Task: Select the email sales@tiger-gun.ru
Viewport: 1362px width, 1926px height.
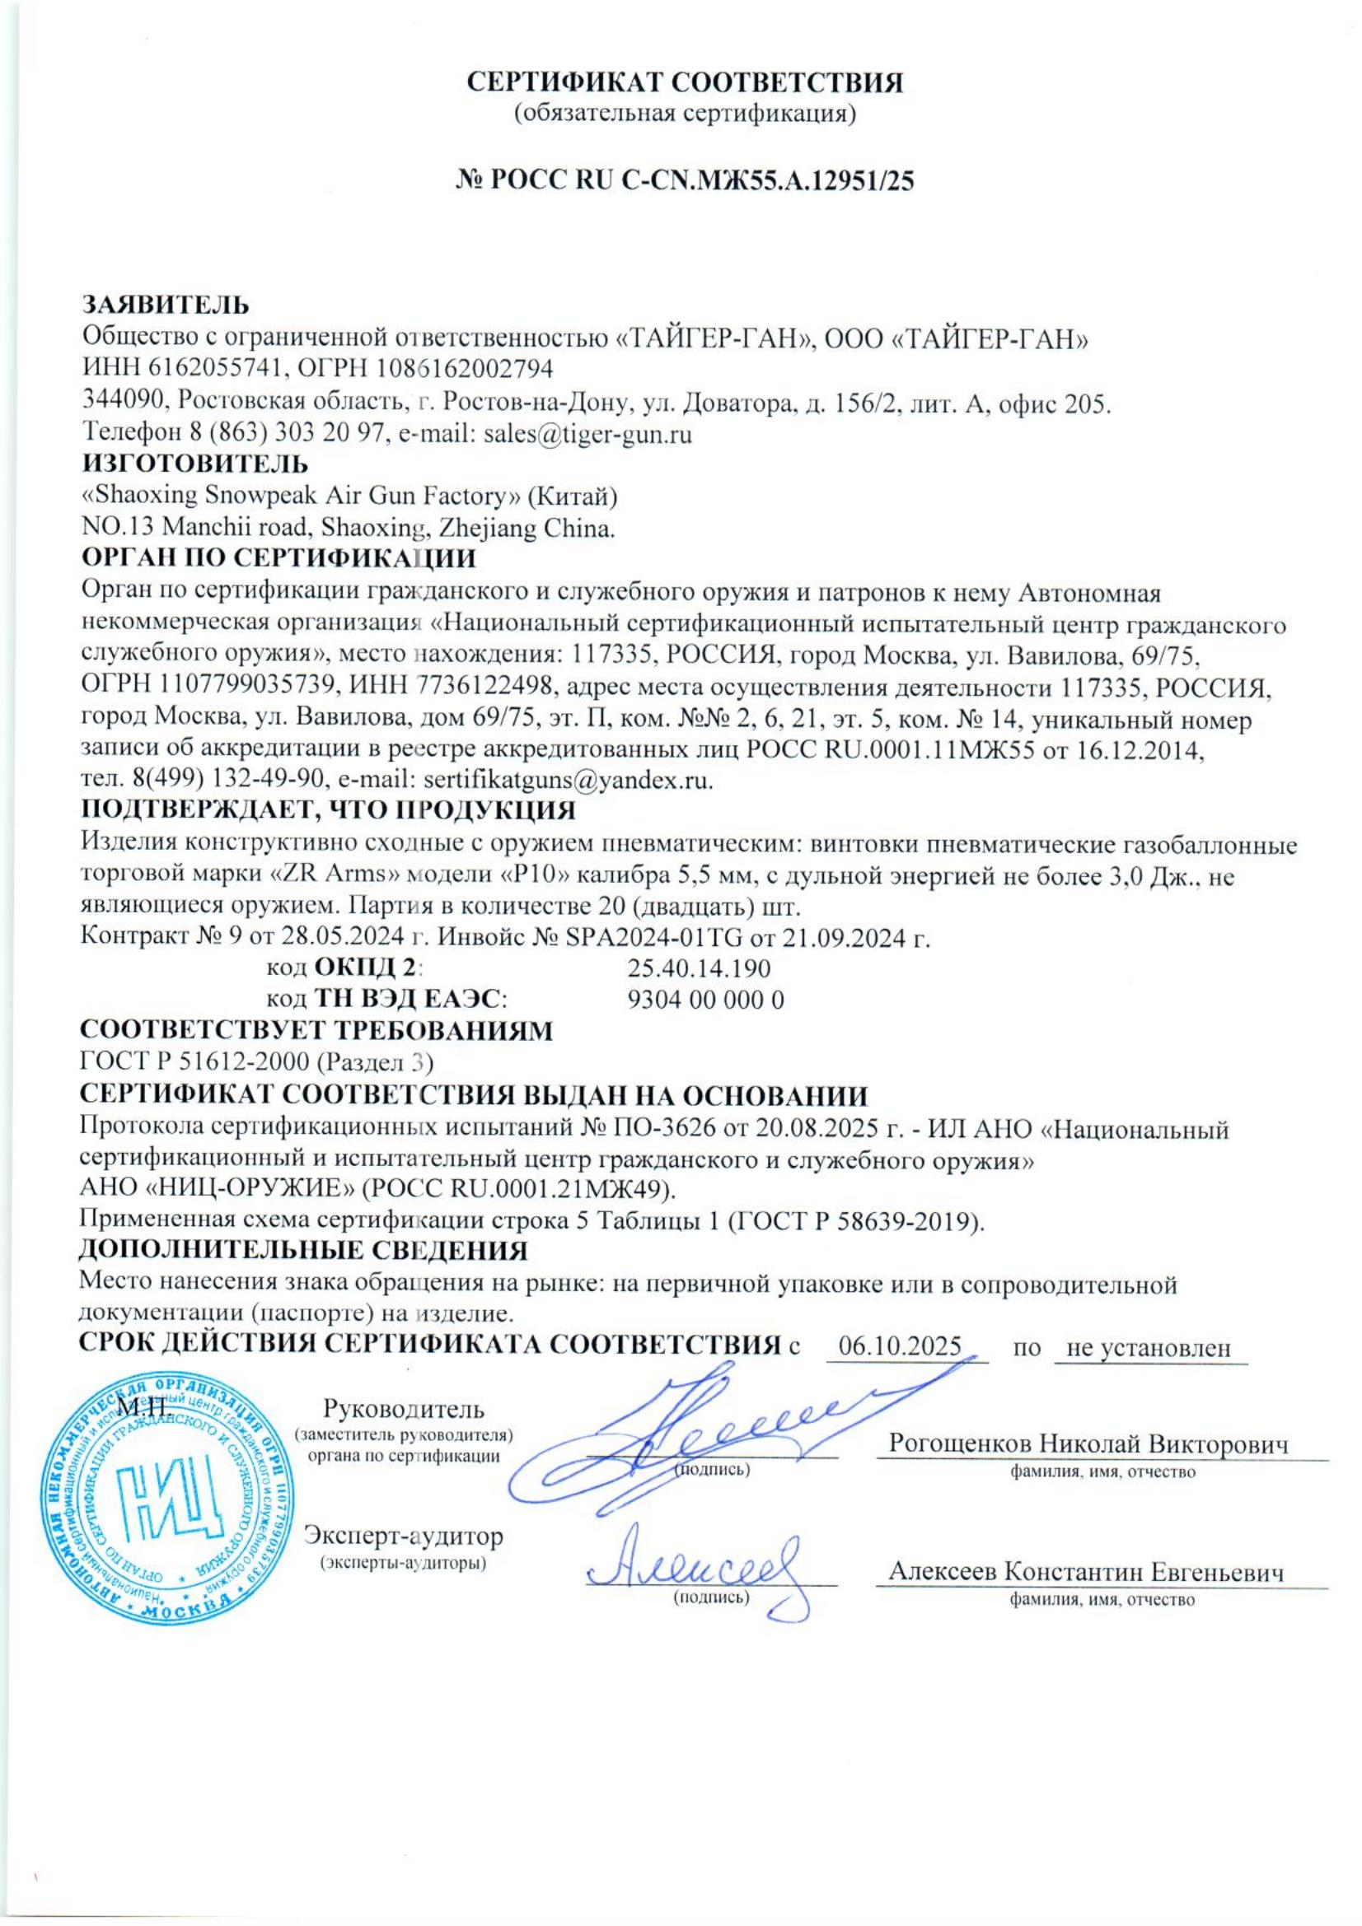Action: (x=588, y=435)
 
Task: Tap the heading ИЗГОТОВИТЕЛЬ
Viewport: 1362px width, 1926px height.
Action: (x=194, y=462)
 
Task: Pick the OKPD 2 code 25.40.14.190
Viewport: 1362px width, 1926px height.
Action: (x=699, y=969)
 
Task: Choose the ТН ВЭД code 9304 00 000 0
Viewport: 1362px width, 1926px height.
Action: (x=706, y=1000)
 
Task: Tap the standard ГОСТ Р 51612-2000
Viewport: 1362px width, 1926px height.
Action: (x=194, y=1063)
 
